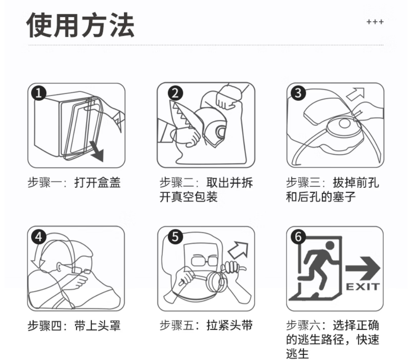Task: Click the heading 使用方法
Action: (x=80, y=25)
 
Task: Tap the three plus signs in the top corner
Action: (x=375, y=22)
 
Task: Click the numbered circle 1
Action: (x=39, y=93)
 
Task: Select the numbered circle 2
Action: (x=175, y=93)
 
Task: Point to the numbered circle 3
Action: (x=298, y=93)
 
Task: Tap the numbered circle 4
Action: (x=39, y=237)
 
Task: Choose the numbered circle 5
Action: (x=175, y=236)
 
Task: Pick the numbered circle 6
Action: (x=298, y=236)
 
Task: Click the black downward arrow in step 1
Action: (x=97, y=151)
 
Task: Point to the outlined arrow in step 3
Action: (x=355, y=94)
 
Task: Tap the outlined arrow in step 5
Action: (x=238, y=250)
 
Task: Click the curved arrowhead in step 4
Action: (x=38, y=263)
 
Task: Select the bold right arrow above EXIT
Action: (x=363, y=268)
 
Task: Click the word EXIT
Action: (x=363, y=286)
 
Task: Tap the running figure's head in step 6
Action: (x=330, y=245)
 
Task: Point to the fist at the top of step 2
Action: (x=228, y=97)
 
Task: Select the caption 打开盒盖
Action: (x=98, y=182)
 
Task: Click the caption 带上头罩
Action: (x=98, y=326)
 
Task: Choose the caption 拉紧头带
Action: (x=229, y=325)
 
